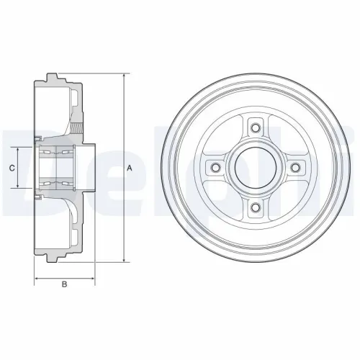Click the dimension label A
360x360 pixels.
tap(129, 168)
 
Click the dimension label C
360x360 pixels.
tap(12, 168)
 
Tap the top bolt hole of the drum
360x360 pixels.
tap(254, 128)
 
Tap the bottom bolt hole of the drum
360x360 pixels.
tap(254, 208)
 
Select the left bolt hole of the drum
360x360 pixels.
tap(214, 168)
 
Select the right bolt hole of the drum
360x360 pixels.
tap(294, 168)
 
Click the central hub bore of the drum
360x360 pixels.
tap(254, 168)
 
